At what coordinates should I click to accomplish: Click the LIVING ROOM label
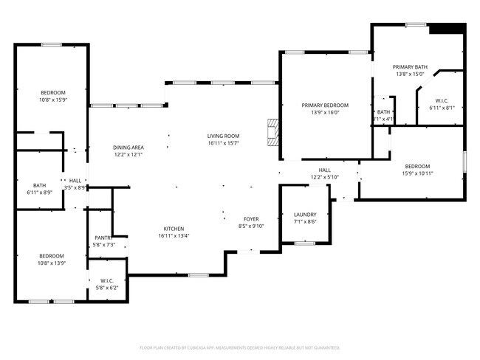click(223, 136)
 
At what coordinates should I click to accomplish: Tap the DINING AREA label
click(128, 147)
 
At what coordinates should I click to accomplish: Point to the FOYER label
click(251, 219)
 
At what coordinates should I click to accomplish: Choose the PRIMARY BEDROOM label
click(325, 105)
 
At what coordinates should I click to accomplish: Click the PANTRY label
click(103, 238)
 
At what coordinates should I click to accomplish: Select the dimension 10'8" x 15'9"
click(52, 99)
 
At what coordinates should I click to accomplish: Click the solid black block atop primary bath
click(448, 29)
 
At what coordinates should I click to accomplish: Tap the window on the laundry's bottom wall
click(305, 243)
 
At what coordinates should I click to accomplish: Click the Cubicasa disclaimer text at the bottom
click(239, 347)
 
